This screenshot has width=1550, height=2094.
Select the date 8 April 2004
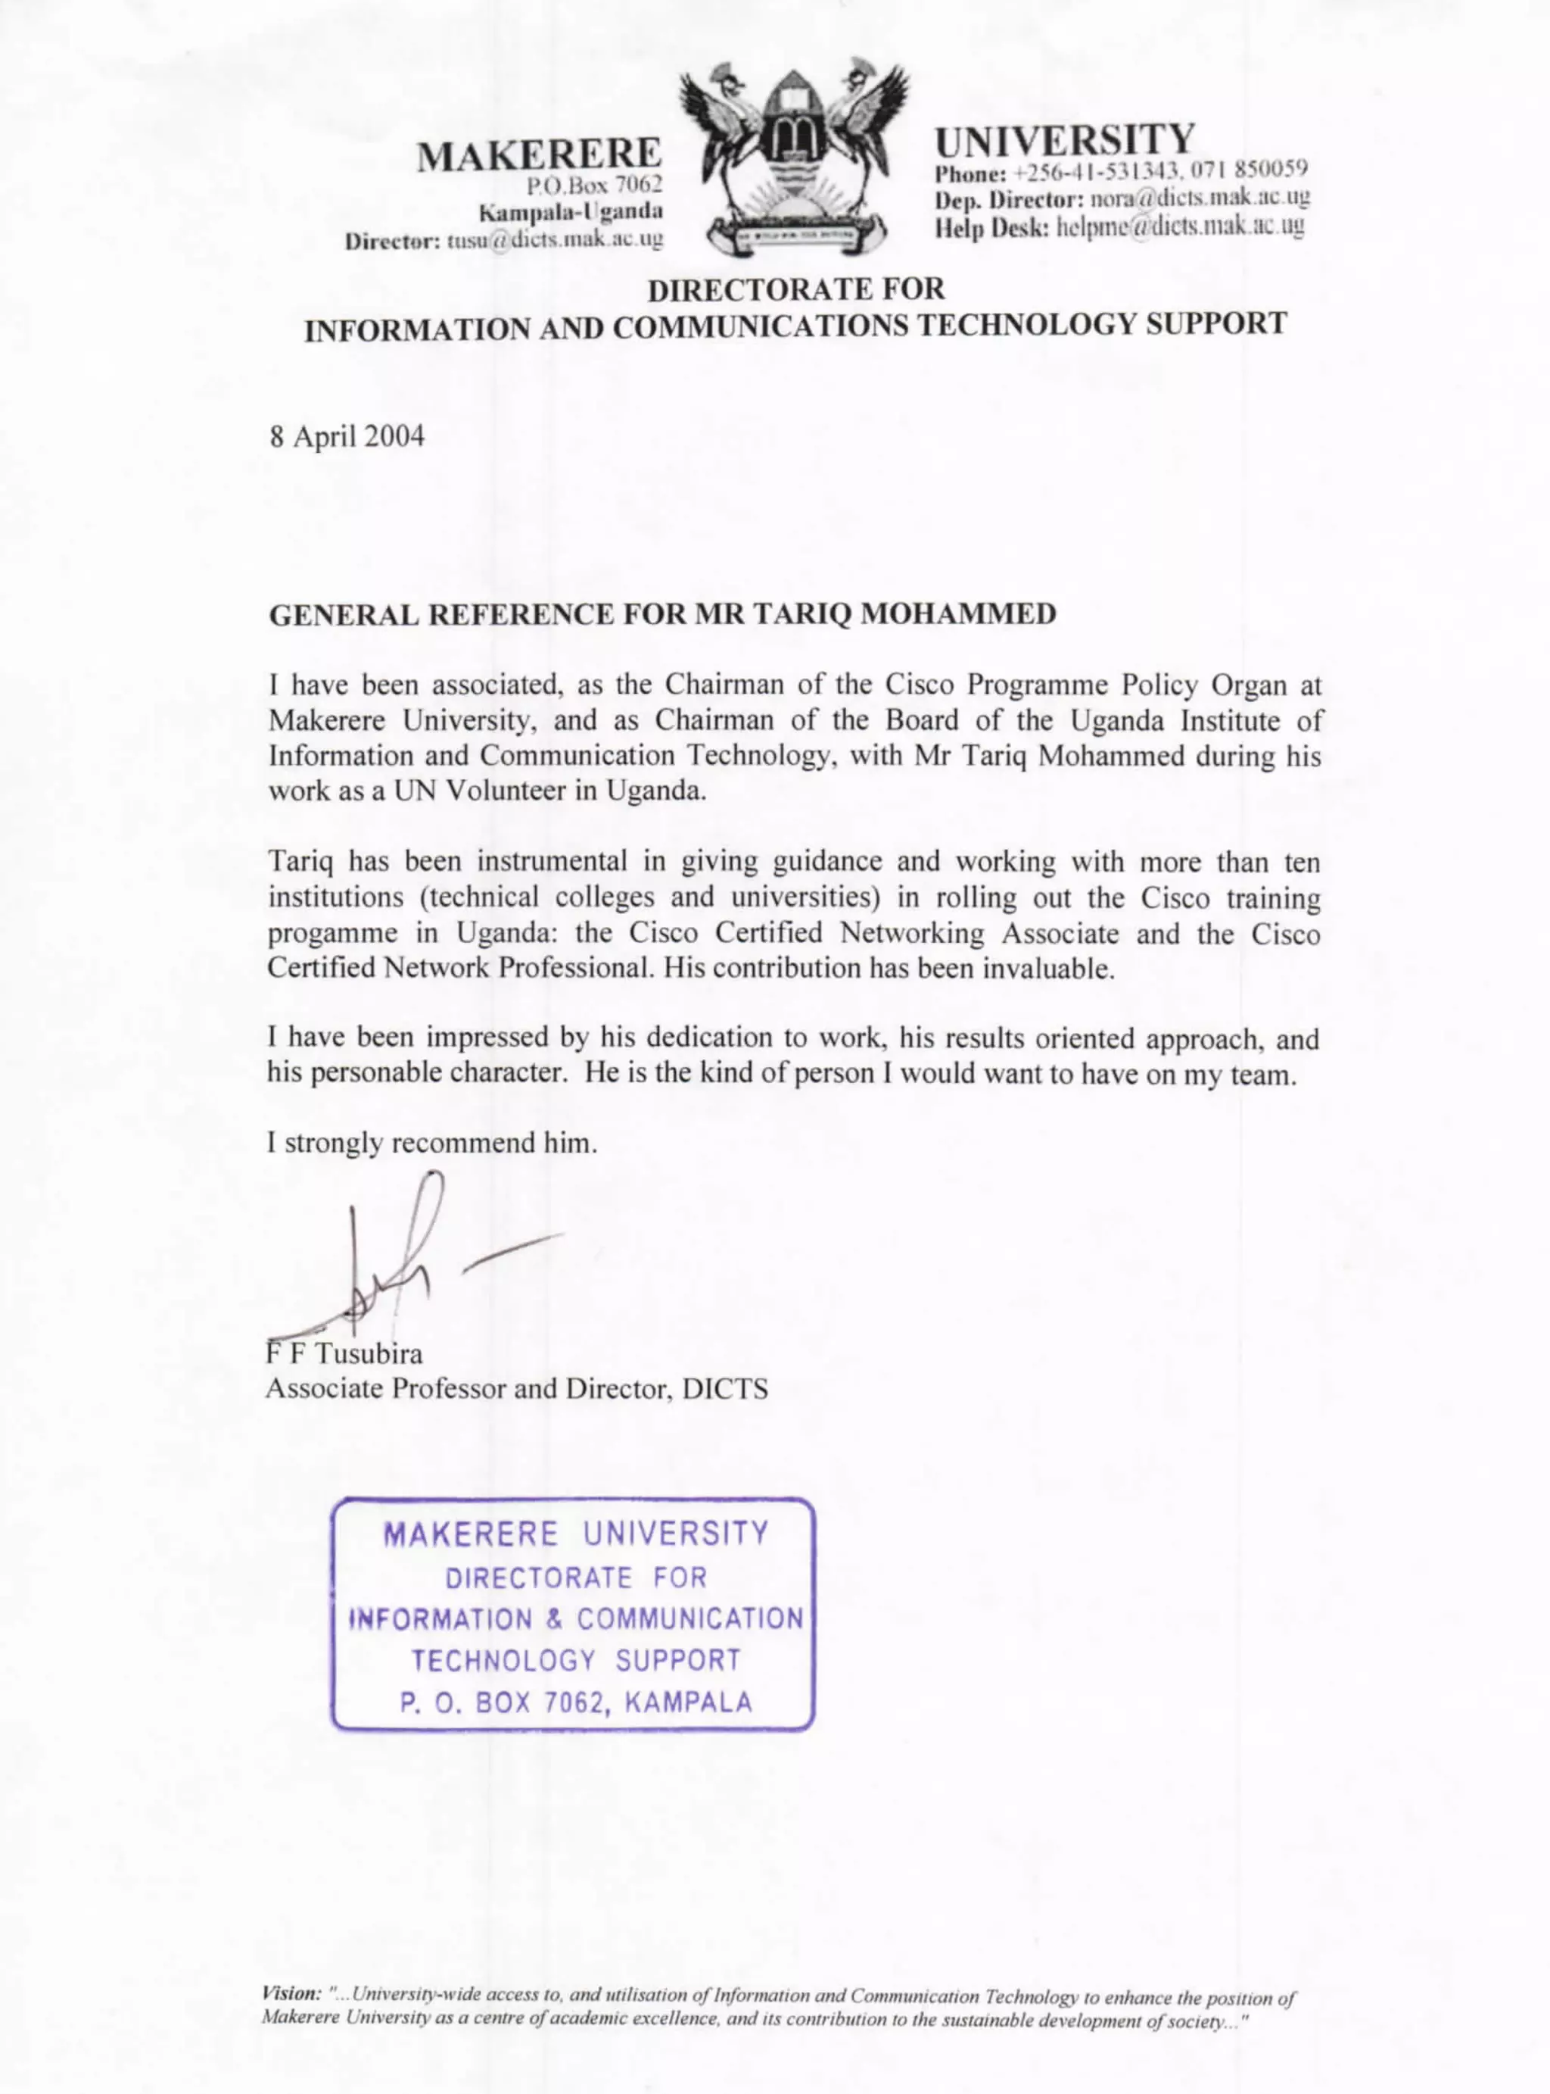click(x=347, y=436)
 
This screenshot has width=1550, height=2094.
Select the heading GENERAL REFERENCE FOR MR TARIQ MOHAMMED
click(x=662, y=615)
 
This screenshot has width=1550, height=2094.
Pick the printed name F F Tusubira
click(x=344, y=1353)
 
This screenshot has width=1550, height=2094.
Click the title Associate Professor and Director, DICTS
click(x=516, y=1389)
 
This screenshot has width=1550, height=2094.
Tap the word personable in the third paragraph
click(x=375, y=1074)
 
